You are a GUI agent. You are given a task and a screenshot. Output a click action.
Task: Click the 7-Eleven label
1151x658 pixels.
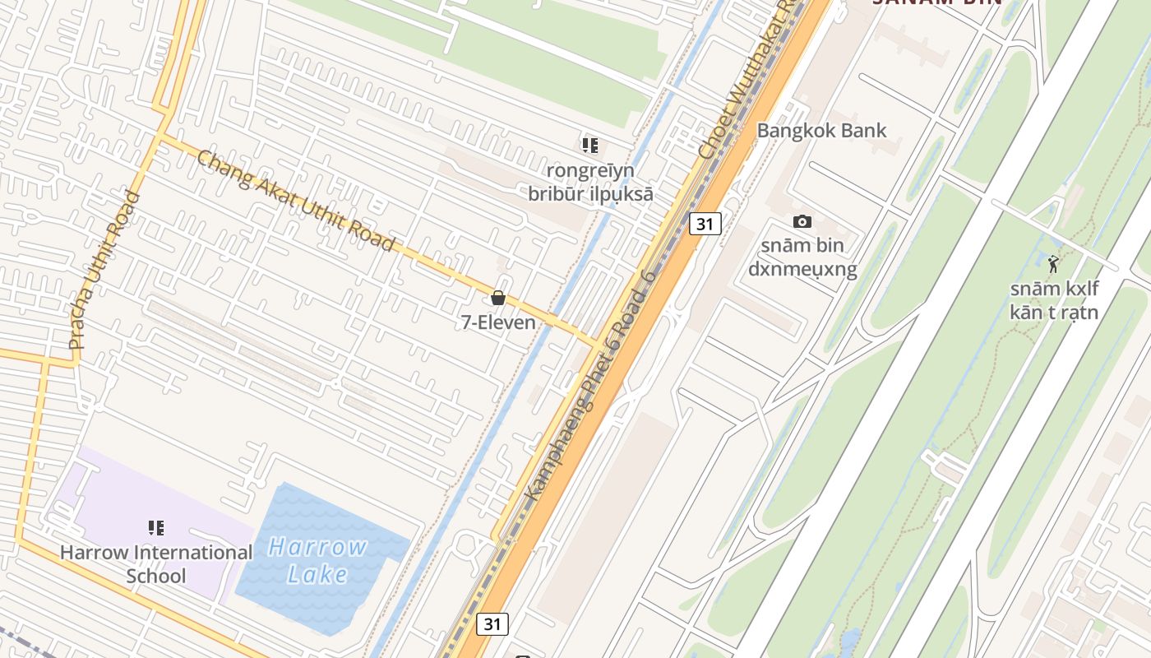(498, 322)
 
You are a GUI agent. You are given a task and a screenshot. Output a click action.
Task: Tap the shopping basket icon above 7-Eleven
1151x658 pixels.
(498, 298)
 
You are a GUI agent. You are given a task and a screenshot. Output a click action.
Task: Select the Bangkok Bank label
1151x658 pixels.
(821, 130)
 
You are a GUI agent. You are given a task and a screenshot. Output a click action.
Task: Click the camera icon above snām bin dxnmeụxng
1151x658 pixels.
(802, 221)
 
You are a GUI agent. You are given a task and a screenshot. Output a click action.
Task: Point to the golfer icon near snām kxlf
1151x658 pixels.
(1053, 264)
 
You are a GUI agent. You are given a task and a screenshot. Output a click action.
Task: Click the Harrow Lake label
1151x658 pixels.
(317, 560)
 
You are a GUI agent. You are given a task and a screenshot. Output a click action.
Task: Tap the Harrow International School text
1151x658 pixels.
(156, 563)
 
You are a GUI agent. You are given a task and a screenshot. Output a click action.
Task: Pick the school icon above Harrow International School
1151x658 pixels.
(156, 528)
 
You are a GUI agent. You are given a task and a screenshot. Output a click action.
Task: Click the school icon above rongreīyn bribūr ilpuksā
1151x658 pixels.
(590, 146)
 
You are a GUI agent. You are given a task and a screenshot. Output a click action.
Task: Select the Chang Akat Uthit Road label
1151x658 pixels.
(296, 201)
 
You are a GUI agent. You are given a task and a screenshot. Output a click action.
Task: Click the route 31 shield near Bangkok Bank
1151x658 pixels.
(705, 223)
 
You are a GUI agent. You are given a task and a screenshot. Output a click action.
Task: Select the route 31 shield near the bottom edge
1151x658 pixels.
(492, 624)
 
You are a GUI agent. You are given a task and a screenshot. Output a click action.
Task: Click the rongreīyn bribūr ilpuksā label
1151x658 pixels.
(590, 183)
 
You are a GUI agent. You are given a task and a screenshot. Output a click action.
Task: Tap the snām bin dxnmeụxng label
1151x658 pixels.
(802, 257)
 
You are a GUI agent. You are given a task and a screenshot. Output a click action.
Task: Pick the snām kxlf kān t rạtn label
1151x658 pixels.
(1054, 300)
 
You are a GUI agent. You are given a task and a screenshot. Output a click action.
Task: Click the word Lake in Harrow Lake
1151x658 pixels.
(317, 574)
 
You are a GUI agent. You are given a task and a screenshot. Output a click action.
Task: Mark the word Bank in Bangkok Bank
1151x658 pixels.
(862, 130)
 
